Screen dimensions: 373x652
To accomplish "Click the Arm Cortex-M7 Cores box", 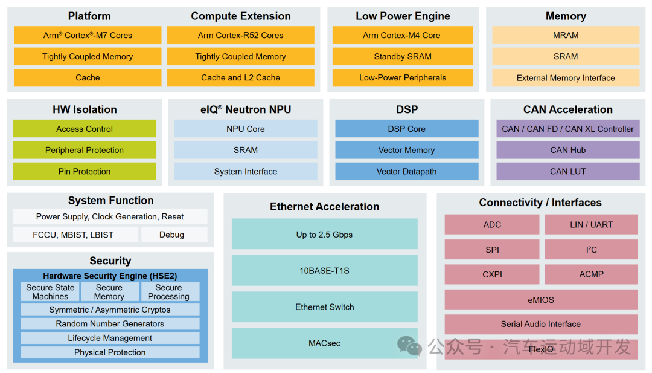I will tap(88, 35).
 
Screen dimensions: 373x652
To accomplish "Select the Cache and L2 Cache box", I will tap(240, 77).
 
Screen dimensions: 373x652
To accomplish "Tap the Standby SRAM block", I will tap(403, 56).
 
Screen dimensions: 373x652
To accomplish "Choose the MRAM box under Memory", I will tap(566, 35).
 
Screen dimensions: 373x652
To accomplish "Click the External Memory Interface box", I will tap(566, 77).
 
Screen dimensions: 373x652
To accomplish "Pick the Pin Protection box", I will tap(85, 171).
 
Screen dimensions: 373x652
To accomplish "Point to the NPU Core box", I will tap(246, 129).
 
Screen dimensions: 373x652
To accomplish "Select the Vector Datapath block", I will tap(406, 171).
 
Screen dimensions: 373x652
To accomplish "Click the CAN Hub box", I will tap(567, 150).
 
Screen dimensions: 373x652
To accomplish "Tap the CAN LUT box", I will tap(567, 171).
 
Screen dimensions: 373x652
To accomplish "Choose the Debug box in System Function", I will tap(172, 235).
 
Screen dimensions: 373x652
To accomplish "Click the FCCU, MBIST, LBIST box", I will tap(73, 235).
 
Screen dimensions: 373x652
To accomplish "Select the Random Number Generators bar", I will tap(110, 324).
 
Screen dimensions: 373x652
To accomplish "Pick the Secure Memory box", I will tap(109, 292).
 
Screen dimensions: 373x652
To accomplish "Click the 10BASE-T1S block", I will tap(325, 270).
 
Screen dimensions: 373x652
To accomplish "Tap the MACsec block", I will tap(325, 343).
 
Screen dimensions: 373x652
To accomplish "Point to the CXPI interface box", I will tap(492, 274).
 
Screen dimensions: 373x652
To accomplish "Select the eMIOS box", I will tap(541, 299).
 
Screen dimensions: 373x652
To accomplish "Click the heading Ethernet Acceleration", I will tap(325, 207).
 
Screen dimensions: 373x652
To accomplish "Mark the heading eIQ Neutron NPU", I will tap(246, 109).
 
